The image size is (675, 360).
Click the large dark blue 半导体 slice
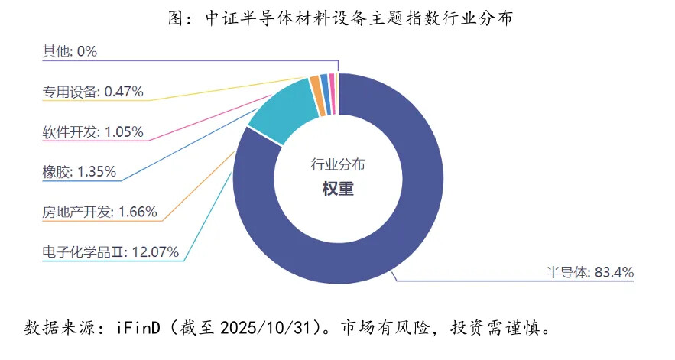pyautogui.click(x=413, y=229)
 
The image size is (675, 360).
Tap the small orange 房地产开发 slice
pyautogui.click(x=315, y=86)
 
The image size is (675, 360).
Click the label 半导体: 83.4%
pyautogui.click(x=589, y=272)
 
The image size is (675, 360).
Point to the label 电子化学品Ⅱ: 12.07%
pyautogui.click(x=111, y=251)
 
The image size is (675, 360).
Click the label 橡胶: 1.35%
pyautogui.click(x=80, y=172)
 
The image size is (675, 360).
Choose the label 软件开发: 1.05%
pyautogui.click(x=92, y=131)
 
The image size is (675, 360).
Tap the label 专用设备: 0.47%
pyautogui.click(x=92, y=92)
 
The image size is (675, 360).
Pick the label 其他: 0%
pyautogui.click(x=70, y=52)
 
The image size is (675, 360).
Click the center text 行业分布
pyautogui.click(x=338, y=164)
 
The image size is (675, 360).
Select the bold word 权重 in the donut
pyautogui.click(x=338, y=188)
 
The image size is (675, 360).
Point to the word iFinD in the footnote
pyautogui.click(x=137, y=329)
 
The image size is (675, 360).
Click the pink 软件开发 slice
pyautogui.click(x=332, y=82)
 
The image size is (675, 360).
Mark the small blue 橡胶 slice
pyautogui.click(x=324, y=83)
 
